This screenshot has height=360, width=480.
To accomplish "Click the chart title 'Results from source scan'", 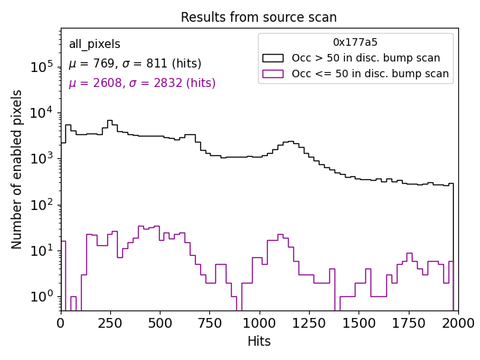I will pyautogui.click(x=259, y=17).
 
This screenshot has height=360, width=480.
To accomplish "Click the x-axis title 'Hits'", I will pyautogui.click(x=259, y=341).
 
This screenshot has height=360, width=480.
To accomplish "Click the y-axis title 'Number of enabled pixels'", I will pyautogui.click(x=17, y=169).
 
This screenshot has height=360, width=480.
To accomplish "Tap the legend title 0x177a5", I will pyautogui.click(x=355, y=42).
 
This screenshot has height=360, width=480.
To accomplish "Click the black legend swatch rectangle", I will pyautogui.click(x=273, y=58).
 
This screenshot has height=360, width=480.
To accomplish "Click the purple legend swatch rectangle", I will pyautogui.click(x=273, y=73).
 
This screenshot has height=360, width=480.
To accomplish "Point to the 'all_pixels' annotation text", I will pyautogui.click(x=94, y=44).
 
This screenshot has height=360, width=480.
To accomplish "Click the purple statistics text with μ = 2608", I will pyautogui.click(x=142, y=83).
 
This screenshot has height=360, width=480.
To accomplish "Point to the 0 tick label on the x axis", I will pyautogui.click(x=61, y=323).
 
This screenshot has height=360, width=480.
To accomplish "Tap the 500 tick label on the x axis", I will pyautogui.click(x=160, y=323).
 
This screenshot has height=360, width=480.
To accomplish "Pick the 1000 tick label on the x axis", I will pyautogui.click(x=259, y=323).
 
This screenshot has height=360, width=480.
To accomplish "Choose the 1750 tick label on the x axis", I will pyautogui.click(x=408, y=323).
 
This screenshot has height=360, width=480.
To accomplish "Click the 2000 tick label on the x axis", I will pyautogui.click(x=457, y=323).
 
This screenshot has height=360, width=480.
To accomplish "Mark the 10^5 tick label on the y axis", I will pyautogui.click(x=42, y=67).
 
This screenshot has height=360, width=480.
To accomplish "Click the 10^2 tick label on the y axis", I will pyautogui.click(x=42, y=205).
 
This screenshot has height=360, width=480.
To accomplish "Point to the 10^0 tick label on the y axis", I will pyautogui.click(x=42, y=297).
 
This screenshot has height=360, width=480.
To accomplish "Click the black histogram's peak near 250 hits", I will pyautogui.click(x=109, y=120).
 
